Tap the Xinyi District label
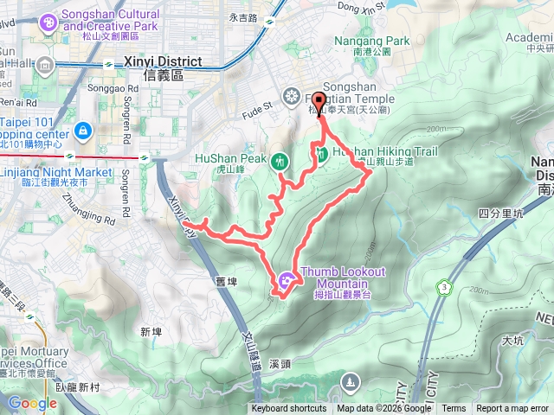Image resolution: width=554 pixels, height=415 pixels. point(164,62)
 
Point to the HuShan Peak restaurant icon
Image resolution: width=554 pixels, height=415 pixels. point(279,160)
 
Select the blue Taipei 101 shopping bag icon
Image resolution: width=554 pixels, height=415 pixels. point(83,130)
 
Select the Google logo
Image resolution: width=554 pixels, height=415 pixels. point(32,403)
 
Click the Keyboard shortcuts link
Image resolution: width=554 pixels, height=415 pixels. point(289,409)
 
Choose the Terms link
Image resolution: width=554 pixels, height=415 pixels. point(454,409)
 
